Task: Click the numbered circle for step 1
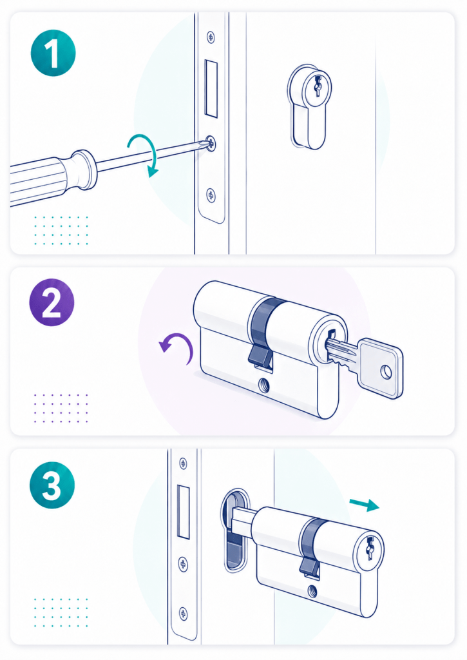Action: [53, 53]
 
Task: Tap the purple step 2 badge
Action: [52, 302]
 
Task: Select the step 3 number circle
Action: [52, 485]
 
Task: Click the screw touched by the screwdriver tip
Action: [211, 144]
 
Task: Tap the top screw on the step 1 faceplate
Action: [211, 37]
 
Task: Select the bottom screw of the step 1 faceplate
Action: [211, 195]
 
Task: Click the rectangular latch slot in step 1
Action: [211, 88]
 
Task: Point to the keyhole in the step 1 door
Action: [318, 86]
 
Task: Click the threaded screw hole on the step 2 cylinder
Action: [264, 384]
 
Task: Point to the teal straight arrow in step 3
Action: [365, 504]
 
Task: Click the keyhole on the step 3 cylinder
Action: [370, 548]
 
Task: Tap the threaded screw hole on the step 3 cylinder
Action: [312, 592]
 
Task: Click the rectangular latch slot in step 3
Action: [184, 512]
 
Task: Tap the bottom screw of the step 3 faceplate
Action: [184, 613]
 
